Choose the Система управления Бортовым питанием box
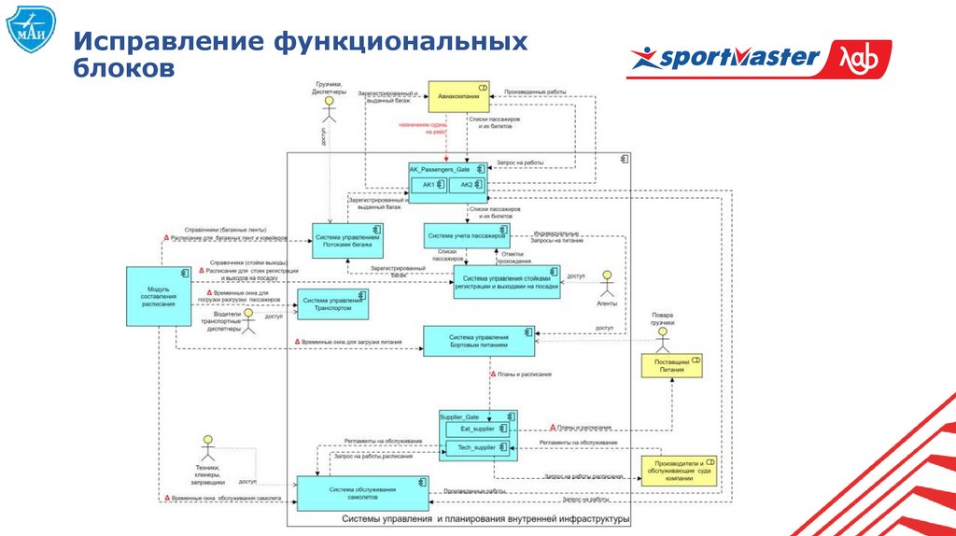point(478,340)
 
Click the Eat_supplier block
point(477,429)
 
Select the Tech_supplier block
point(477,448)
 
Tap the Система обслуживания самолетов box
point(361,493)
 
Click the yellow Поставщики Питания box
point(672,365)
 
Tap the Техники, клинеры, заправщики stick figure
point(207,447)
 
